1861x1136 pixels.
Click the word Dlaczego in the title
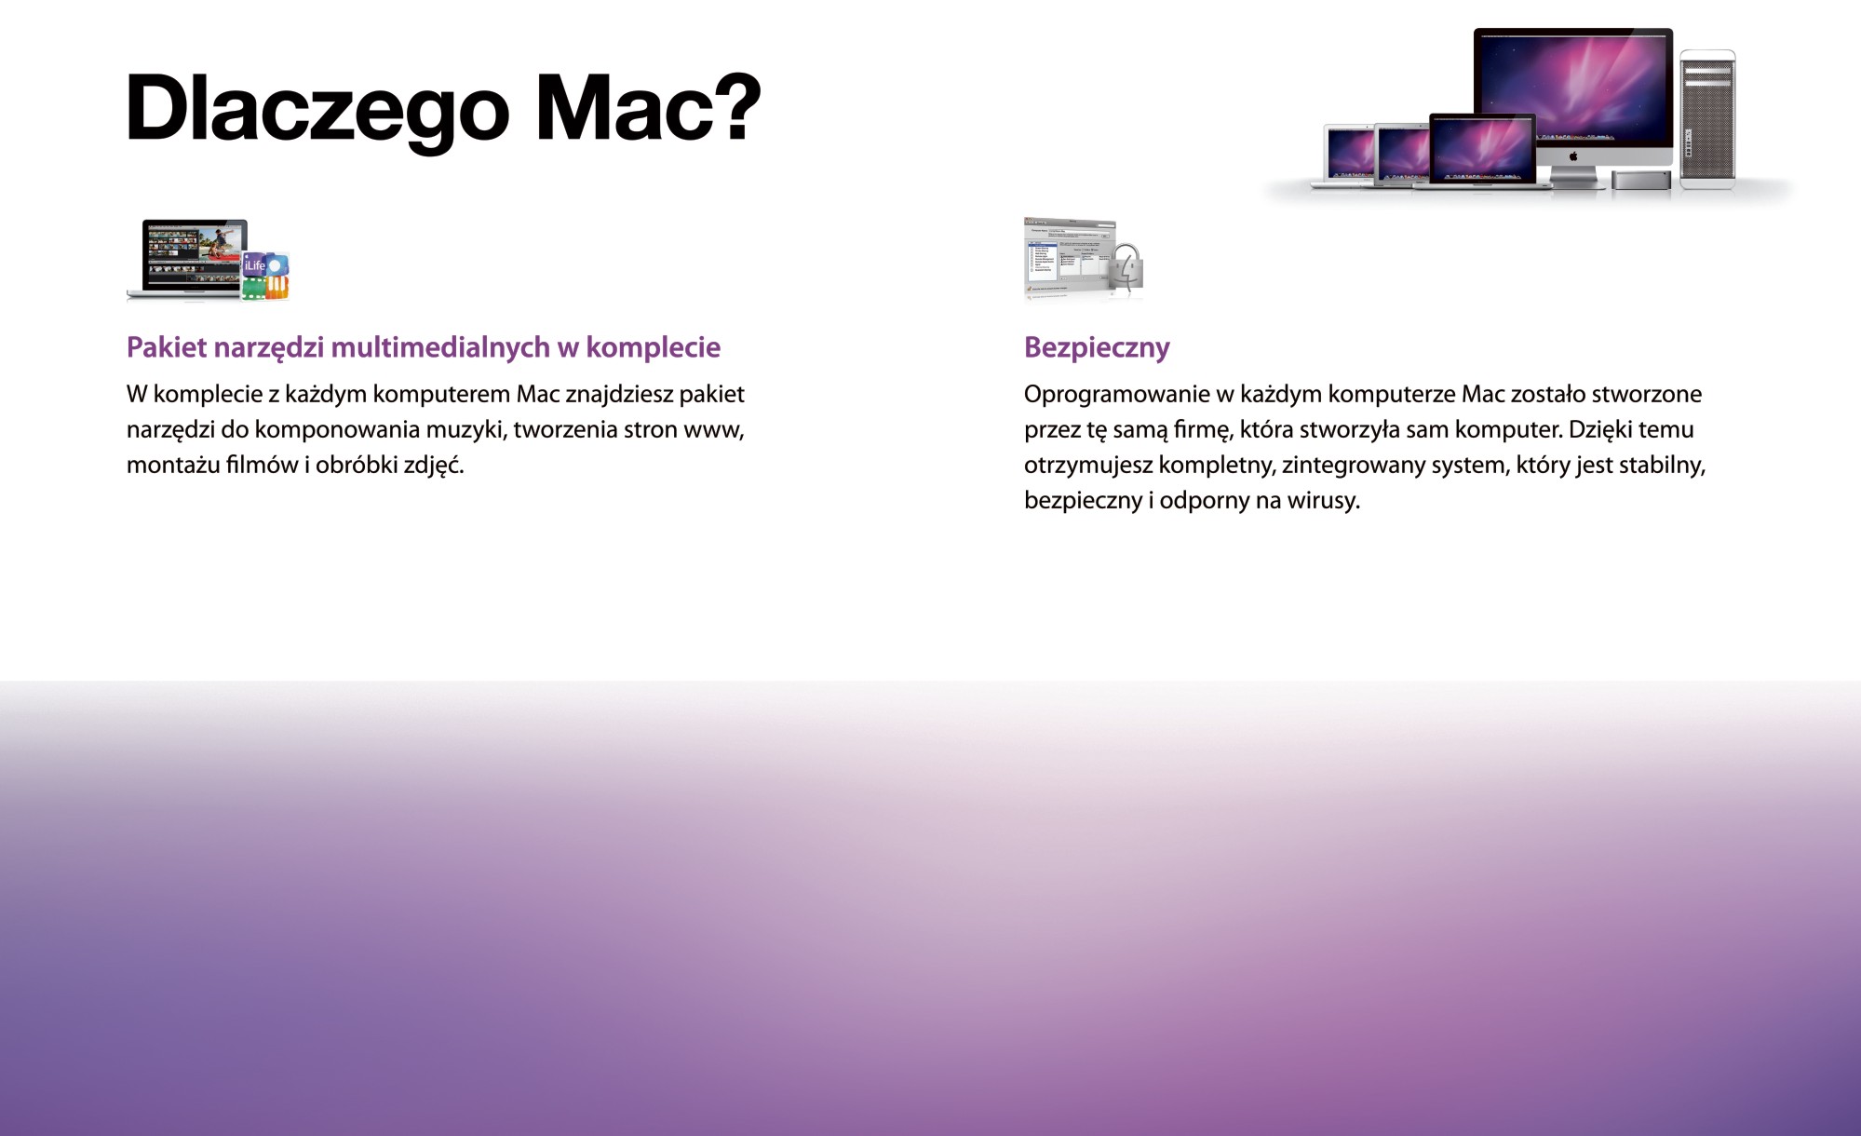click(x=317, y=111)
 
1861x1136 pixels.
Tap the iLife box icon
click(x=266, y=276)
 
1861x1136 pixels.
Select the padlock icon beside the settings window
click(x=1127, y=267)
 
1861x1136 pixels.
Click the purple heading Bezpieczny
click(x=1097, y=348)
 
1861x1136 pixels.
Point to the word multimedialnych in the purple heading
click(x=440, y=347)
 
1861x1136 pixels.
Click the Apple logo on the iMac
click(x=1573, y=156)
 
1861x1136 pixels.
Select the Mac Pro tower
click(x=1707, y=118)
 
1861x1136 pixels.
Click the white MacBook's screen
click(x=1351, y=153)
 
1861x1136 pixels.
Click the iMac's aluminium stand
click(x=1573, y=174)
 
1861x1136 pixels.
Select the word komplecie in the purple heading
click(x=654, y=347)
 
